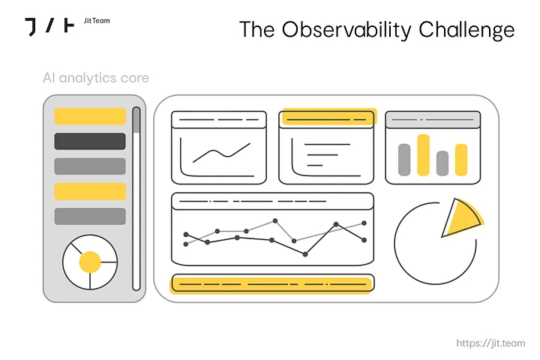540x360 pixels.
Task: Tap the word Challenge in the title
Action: pyautogui.click(x=466, y=30)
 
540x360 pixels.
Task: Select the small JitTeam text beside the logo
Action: pyautogui.click(x=97, y=21)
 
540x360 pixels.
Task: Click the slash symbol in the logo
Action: pyautogui.click(x=50, y=25)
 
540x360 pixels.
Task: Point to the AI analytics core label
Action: pyautogui.click(x=96, y=78)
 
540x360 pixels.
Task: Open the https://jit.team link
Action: pyautogui.click(x=490, y=343)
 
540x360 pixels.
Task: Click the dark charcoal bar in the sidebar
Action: pyautogui.click(x=90, y=141)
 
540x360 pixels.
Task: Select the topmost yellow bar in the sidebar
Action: pyautogui.click(x=90, y=116)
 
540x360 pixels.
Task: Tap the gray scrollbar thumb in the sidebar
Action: pyautogui.click(x=136, y=120)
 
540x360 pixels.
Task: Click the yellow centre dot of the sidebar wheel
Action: pyautogui.click(x=90, y=262)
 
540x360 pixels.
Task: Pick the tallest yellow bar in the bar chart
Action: pyautogui.click(x=423, y=155)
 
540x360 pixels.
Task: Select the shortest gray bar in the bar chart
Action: pyautogui.click(x=442, y=163)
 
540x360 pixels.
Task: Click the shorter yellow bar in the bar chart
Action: pyautogui.click(x=461, y=160)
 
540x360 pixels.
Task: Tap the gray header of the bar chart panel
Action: pyautogui.click(x=433, y=120)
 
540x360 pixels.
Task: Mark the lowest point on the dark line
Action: pyautogui.click(x=305, y=254)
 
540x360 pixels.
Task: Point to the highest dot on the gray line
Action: pyautogui.click(x=275, y=220)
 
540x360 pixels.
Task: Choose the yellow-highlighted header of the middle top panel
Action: pyautogui.click(x=329, y=117)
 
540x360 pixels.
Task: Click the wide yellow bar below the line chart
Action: pyautogui.click(x=272, y=284)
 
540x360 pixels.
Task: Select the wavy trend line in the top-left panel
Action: pyautogui.click(x=221, y=152)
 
